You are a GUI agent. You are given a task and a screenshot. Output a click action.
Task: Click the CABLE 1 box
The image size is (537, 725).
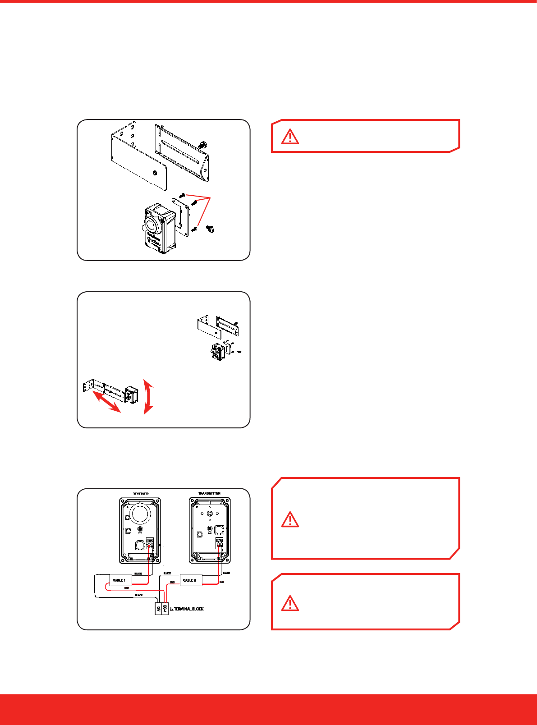119,580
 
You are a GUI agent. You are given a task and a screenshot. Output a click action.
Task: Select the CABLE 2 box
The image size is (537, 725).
190,580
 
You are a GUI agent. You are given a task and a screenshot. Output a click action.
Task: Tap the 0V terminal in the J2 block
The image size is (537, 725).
158,609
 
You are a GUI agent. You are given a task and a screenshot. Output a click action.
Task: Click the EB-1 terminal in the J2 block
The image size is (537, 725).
165,609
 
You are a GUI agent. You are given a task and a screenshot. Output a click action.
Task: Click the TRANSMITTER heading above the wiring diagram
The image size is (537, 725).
209,493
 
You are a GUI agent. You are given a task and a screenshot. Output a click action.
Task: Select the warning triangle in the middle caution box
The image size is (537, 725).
290,520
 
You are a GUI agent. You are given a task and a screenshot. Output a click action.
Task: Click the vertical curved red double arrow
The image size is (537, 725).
148,396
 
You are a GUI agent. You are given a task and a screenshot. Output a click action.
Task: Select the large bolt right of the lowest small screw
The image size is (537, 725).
210,229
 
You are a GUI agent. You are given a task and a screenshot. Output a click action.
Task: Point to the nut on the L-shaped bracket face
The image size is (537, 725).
155,172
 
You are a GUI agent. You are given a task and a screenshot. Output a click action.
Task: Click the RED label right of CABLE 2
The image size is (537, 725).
222,582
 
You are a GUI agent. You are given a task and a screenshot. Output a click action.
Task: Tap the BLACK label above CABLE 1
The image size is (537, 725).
138,574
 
